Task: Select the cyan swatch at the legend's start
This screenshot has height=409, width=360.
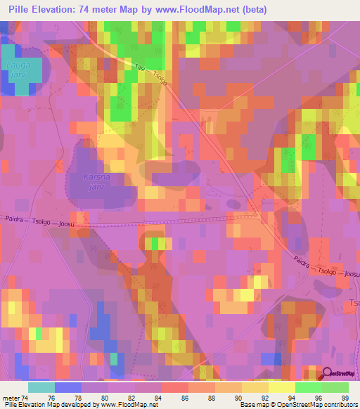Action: tap(41, 387)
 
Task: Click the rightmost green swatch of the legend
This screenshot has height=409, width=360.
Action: tap(335, 387)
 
